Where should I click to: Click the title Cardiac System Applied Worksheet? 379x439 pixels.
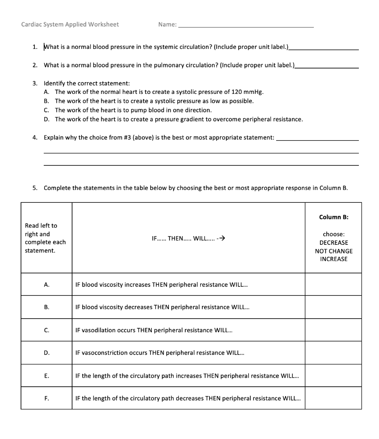(70, 24)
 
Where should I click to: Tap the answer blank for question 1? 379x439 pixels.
(324, 48)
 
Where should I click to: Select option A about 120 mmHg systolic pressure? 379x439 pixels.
(159, 92)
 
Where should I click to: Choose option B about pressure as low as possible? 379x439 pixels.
(154, 101)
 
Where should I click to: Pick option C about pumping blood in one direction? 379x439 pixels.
(133, 110)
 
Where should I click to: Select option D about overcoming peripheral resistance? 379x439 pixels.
(178, 119)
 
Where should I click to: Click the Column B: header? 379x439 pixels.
(334, 217)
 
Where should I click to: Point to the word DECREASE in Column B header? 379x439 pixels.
(334, 243)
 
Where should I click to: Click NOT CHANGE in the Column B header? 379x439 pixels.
(334, 251)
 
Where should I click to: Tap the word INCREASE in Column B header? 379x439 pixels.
(334, 259)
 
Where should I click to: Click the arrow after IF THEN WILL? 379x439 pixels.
(221, 238)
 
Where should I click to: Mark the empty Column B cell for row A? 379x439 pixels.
(333, 284)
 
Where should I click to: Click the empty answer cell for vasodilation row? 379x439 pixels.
(333, 330)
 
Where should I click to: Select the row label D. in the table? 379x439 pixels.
(46, 353)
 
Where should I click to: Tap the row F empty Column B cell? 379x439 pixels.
(333, 398)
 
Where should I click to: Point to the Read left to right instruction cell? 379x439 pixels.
(46, 238)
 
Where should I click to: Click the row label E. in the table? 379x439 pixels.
(46, 376)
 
